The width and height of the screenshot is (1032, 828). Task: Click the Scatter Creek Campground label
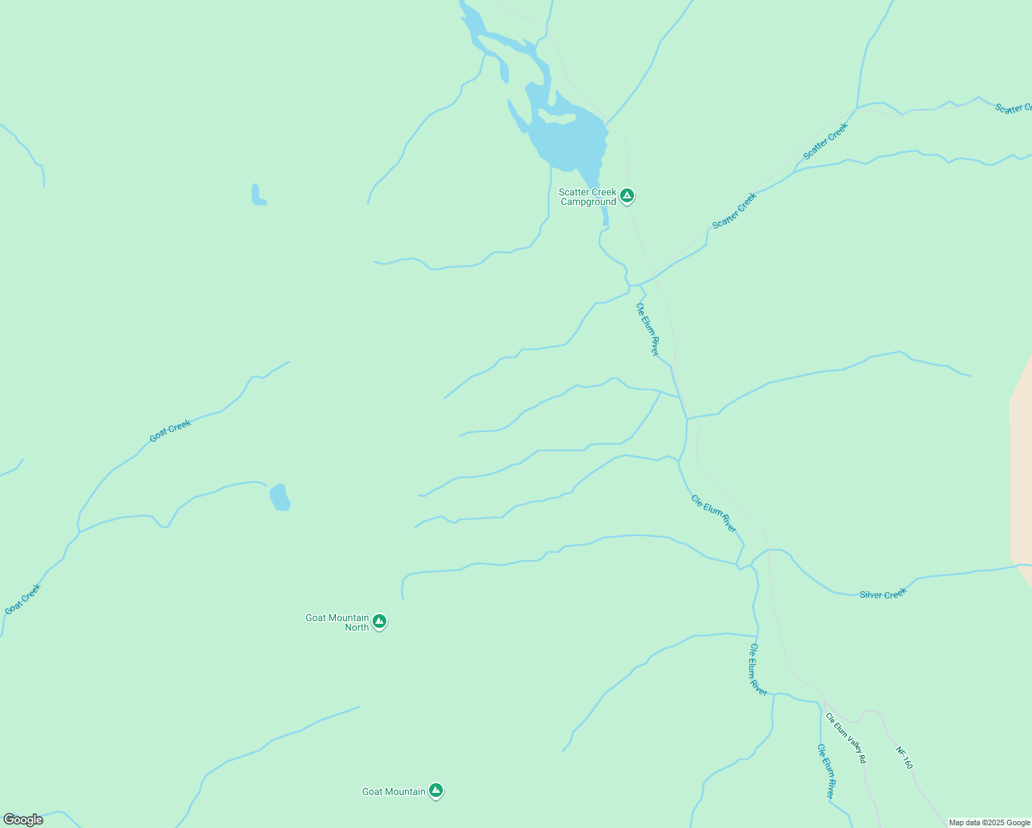[x=588, y=197]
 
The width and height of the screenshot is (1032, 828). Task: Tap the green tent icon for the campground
[x=626, y=196]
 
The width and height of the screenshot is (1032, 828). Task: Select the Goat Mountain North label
[x=337, y=622]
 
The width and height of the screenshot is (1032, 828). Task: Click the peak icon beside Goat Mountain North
[x=379, y=622]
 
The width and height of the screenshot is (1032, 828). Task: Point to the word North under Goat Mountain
[x=357, y=628]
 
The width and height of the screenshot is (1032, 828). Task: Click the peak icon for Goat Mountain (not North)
[x=435, y=790]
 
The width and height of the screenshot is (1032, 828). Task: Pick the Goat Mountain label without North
[x=394, y=791]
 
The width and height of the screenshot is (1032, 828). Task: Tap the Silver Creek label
[x=882, y=594]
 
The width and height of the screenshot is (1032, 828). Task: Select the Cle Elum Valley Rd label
[x=846, y=738]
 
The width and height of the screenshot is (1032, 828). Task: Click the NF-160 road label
[x=904, y=758]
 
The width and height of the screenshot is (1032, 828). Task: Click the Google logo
[x=23, y=820]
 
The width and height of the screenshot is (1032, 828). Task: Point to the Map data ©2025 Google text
[x=989, y=822]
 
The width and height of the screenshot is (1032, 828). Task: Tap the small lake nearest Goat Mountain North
[x=279, y=497]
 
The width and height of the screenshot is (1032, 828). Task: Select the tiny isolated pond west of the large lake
[x=258, y=195]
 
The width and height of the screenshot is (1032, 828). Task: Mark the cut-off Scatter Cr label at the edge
[x=1013, y=108]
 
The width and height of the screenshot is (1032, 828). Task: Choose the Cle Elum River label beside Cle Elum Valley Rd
[x=826, y=771]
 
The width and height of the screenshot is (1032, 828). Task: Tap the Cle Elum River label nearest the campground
[x=648, y=329]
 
